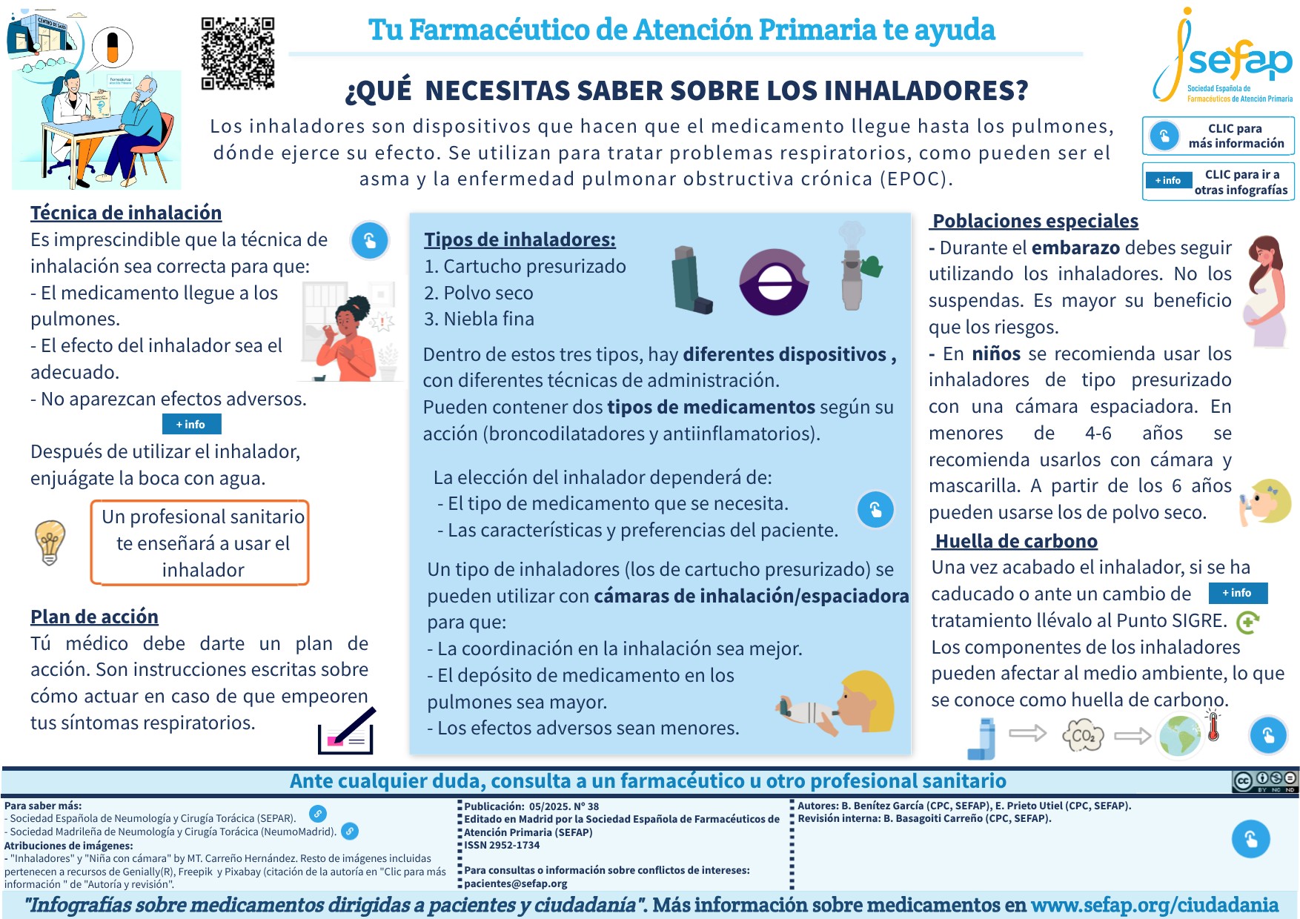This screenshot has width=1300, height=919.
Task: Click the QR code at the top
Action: [238, 53]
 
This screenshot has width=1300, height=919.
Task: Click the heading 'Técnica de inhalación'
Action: [126, 213]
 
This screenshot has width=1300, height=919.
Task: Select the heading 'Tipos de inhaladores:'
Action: [520, 239]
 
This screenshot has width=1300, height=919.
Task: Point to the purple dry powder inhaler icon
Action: [773, 282]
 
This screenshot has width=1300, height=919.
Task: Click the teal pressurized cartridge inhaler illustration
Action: [692, 279]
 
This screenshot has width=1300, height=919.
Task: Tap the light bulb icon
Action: [50, 542]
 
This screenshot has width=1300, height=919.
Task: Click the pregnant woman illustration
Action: [1266, 291]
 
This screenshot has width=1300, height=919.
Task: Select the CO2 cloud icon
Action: [1083, 736]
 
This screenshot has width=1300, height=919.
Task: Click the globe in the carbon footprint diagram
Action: [1180, 735]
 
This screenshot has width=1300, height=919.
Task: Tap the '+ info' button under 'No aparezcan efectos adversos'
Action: [191, 424]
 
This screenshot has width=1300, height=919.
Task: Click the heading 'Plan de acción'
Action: [94, 617]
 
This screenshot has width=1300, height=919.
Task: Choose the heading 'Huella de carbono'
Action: [1016, 541]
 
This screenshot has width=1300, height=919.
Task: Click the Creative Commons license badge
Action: [1264, 780]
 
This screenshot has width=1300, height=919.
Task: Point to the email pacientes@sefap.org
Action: [516, 883]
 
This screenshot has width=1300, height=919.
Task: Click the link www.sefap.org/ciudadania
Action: [1155, 905]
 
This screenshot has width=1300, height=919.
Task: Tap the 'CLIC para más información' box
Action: [1218, 136]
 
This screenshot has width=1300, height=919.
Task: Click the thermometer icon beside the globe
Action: [1213, 726]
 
